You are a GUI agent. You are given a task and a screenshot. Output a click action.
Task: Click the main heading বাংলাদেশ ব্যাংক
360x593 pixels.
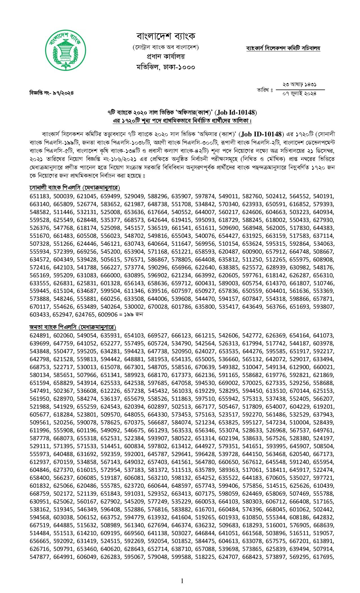pos(166,36)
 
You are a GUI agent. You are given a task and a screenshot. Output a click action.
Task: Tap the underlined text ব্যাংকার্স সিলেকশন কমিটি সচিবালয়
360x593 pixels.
pos(283,48)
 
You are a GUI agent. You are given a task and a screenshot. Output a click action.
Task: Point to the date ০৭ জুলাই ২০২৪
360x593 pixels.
pos(299,93)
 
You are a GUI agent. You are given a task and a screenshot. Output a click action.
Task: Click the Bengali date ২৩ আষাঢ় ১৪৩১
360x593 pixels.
pos(299,84)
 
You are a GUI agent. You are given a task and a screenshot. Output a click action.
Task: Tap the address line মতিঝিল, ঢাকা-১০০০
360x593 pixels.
pos(166,67)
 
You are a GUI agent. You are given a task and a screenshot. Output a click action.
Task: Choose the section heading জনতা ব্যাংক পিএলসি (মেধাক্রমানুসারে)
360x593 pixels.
pos(73,327)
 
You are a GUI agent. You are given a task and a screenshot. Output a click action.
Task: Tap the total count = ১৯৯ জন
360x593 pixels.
pos(133,315)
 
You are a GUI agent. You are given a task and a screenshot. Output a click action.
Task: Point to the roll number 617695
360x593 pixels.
pos(324,557)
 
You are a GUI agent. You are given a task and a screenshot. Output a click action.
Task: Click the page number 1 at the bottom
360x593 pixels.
pos(182,581)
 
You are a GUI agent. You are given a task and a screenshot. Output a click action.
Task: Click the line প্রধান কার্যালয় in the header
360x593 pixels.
pos(166,56)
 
